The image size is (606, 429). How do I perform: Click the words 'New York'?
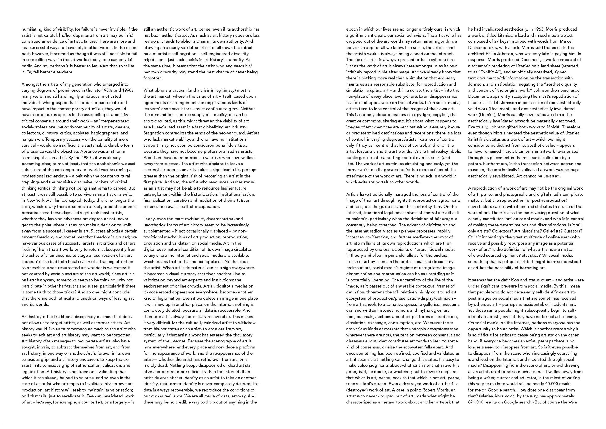35,200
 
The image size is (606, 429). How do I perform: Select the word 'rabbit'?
246,48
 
